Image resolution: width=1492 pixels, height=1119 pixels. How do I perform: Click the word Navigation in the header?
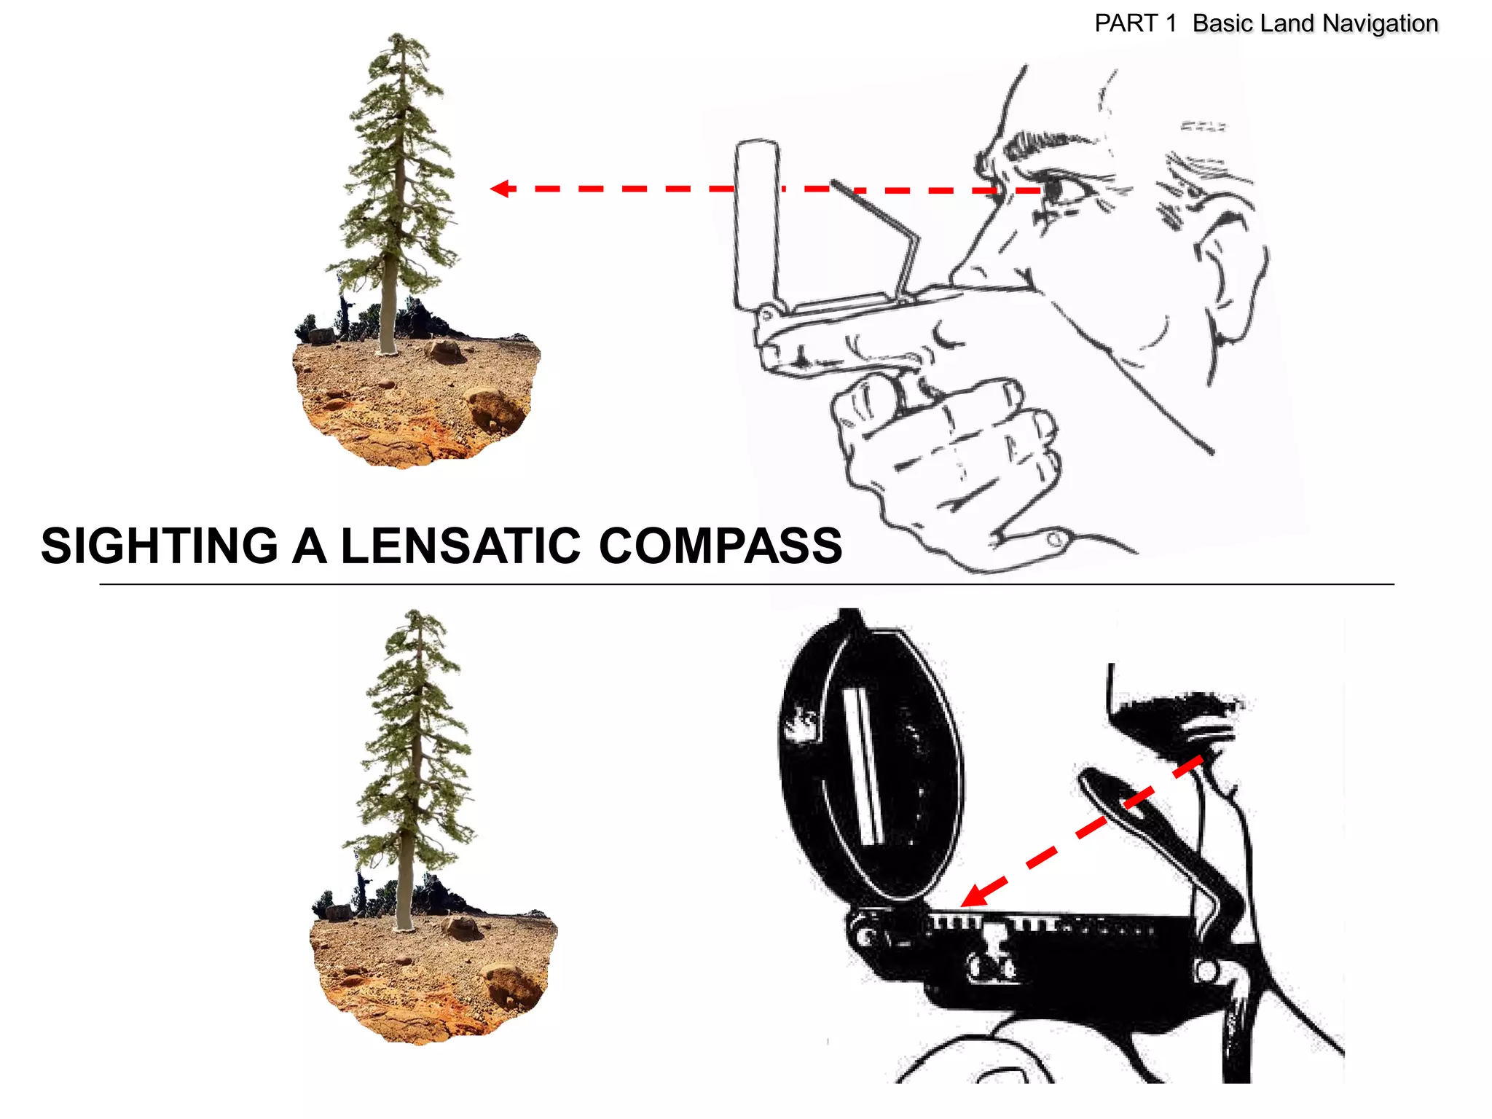[1380, 24]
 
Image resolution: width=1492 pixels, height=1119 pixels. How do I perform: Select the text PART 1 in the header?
[1134, 24]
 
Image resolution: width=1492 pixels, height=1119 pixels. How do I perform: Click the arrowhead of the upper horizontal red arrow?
[500, 189]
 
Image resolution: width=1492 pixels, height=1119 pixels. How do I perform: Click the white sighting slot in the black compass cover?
[863, 765]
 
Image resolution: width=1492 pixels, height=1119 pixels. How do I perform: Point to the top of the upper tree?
[397, 36]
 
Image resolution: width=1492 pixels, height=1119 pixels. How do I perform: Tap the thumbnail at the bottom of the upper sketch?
[1056, 540]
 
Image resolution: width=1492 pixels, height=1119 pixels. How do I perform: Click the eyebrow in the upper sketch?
[1034, 142]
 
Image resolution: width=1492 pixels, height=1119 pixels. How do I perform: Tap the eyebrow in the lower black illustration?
[1173, 710]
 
